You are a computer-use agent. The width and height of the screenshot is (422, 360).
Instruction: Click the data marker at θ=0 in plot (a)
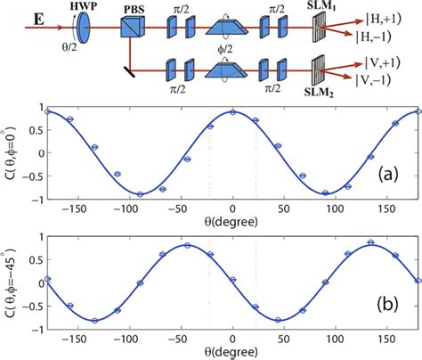[x=232, y=112]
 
